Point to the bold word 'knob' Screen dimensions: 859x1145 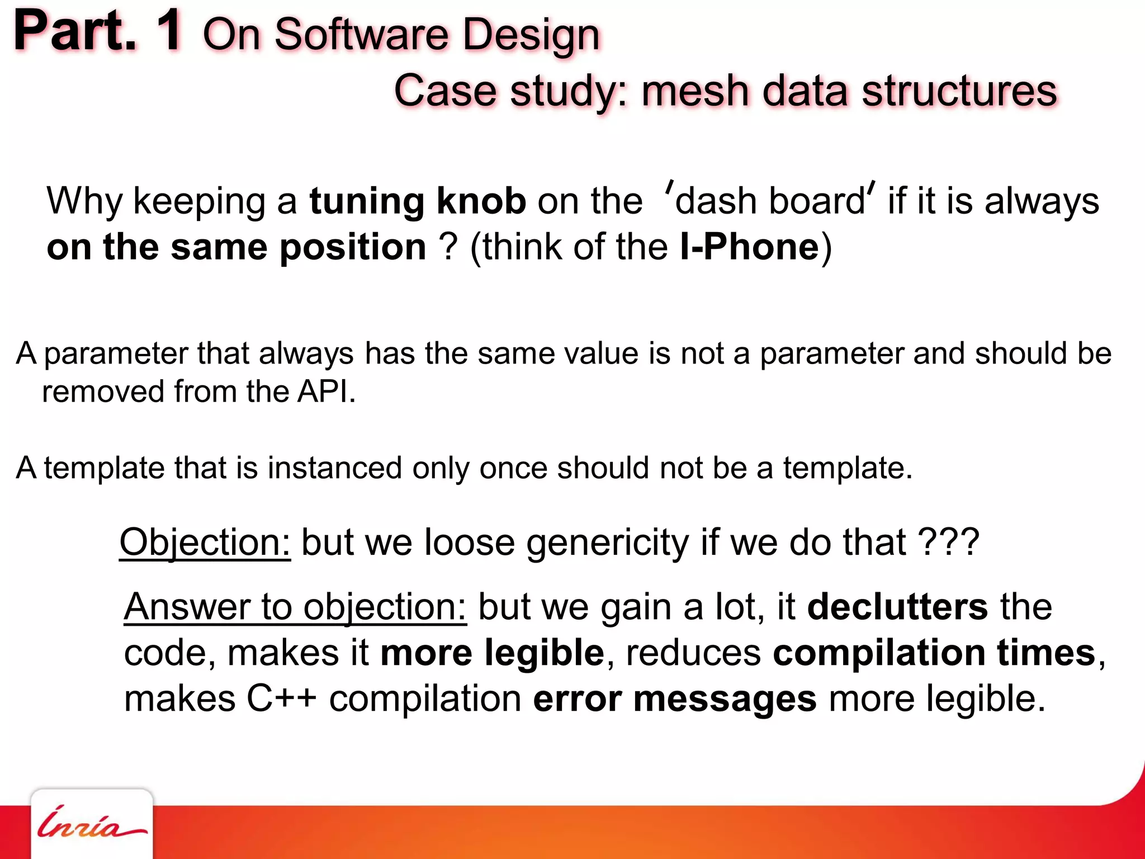pyautogui.click(x=481, y=201)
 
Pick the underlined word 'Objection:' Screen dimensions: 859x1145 pyautogui.click(x=205, y=542)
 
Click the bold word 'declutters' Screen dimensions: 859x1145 pyautogui.click(x=897, y=607)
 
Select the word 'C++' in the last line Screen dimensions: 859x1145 pyautogui.click(x=282, y=698)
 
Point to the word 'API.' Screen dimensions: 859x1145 pyautogui.click(x=327, y=391)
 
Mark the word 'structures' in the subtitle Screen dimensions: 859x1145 pyautogui.click(x=959, y=91)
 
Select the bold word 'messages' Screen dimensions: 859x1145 pyautogui.click(x=725, y=699)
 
